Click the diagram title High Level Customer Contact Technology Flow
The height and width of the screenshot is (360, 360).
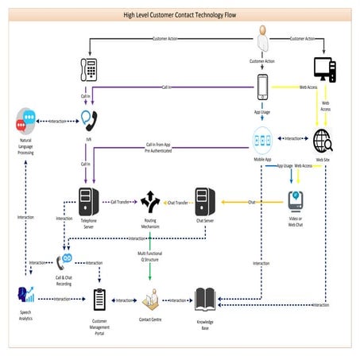[x=180, y=14]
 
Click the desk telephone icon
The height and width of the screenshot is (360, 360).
[x=89, y=69]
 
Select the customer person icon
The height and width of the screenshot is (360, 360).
[x=263, y=40]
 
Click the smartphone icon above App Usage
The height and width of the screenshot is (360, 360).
[x=263, y=87]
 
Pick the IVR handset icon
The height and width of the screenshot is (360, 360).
[x=89, y=119]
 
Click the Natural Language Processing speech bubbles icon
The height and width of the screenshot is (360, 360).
[x=26, y=121]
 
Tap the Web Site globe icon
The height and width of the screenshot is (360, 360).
[x=323, y=141]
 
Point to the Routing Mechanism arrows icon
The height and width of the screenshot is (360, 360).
[x=150, y=202]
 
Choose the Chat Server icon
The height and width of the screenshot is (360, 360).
[x=205, y=203]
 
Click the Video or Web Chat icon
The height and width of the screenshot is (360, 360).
[x=295, y=199]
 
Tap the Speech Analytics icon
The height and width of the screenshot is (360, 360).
[x=25, y=296]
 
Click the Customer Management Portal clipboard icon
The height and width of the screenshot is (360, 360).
[x=99, y=300]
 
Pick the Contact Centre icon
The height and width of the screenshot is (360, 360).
[x=150, y=300]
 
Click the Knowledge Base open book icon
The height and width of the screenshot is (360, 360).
[x=205, y=300]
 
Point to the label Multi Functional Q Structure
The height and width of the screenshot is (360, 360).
[x=150, y=256]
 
